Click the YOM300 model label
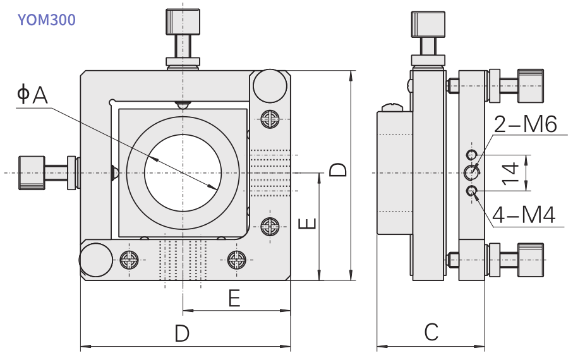[x=46, y=20]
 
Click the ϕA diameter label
[x=32, y=94]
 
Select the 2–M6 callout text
[x=526, y=124]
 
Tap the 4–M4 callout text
[x=524, y=215]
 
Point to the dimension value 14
[x=511, y=173]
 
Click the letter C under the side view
[x=431, y=332]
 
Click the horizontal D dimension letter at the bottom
[x=182, y=333]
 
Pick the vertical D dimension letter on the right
[x=338, y=170]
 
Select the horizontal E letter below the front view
[x=234, y=298]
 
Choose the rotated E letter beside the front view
[x=307, y=224]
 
